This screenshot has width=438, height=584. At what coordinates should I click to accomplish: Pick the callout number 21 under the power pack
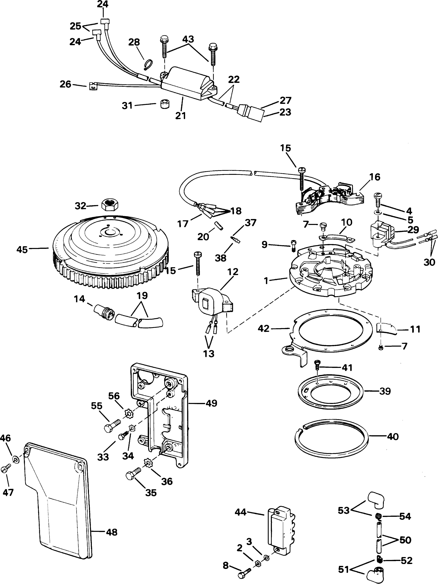click(x=181, y=115)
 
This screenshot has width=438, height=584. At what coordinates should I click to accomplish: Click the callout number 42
click(x=263, y=329)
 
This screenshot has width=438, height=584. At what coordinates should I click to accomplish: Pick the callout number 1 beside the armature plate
click(x=266, y=281)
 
